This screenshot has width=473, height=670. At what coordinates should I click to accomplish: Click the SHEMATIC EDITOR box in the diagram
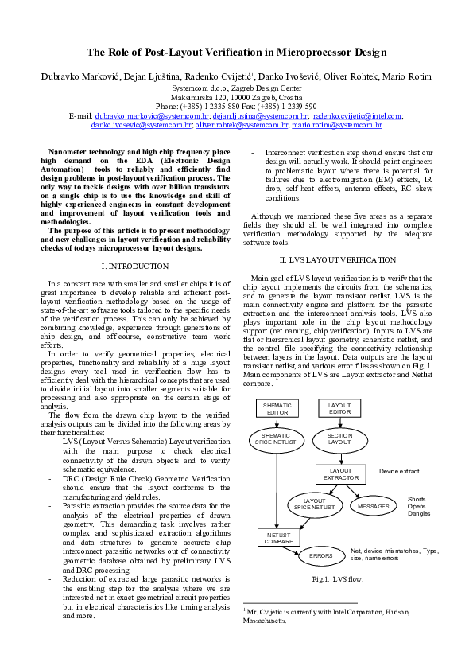[x=276, y=408]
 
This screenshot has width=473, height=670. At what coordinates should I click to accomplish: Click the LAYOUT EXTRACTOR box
[x=340, y=474]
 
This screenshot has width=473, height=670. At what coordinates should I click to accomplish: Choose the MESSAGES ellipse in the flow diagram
[x=373, y=505]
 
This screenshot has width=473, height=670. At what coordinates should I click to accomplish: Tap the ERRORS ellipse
[x=320, y=555]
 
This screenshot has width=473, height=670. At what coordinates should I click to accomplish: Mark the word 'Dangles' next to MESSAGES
[x=419, y=513]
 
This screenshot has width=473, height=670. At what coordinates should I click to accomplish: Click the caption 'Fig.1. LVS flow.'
[x=338, y=578]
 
